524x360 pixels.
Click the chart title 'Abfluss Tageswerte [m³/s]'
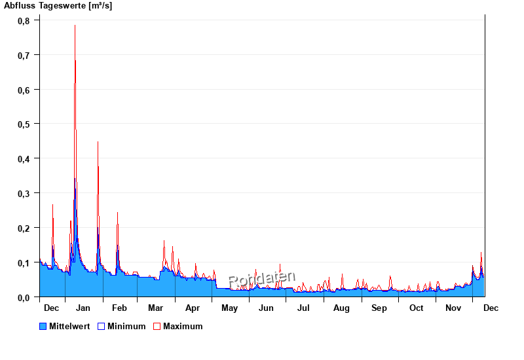pyautogui.click(x=58, y=6)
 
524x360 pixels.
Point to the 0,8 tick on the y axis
pyautogui.click(x=24, y=20)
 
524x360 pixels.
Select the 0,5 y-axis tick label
pyautogui.click(x=24, y=124)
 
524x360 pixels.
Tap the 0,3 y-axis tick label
pyautogui.click(x=24, y=193)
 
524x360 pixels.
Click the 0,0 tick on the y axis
pyautogui.click(x=24, y=297)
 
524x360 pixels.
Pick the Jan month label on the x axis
pyautogui.click(x=83, y=308)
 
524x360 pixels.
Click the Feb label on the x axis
pyautogui.click(x=119, y=308)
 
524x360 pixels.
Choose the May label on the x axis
pyautogui.click(x=229, y=308)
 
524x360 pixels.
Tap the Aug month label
pyautogui.click(x=341, y=308)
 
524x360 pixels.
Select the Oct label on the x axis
pyautogui.click(x=416, y=308)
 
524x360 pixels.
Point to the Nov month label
pyautogui.click(x=453, y=308)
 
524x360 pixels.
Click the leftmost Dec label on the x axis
pyautogui.click(x=51, y=308)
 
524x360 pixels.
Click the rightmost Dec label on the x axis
pyautogui.click(x=491, y=308)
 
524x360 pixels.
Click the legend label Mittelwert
pyautogui.click(x=69, y=326)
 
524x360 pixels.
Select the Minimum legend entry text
pyautogui.click(x=126, y=326)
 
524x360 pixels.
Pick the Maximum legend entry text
pyautogui.click(x=183, y=326)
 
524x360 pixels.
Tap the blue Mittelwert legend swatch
pyautogui.click(x=43, y=326)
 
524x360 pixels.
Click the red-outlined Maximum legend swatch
pyautogui.click(x=157, y=326)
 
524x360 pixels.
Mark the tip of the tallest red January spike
pyautogui.click(x=75, y=25)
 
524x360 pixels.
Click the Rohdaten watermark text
pyautogui.click(x=262, y=279)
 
